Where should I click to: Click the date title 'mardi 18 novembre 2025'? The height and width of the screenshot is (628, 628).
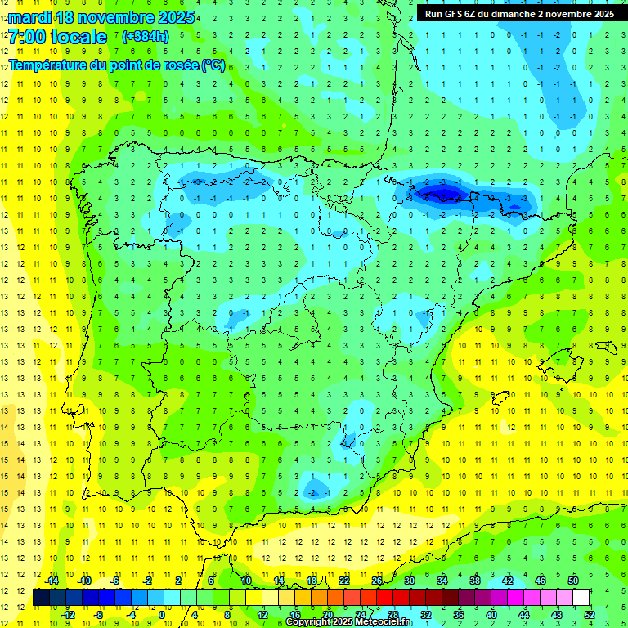pyautogui.click(x=102, y=17)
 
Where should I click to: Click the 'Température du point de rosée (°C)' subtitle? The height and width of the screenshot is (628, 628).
pyautogui.click(x=117, y=65)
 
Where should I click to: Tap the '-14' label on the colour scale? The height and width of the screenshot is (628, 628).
pyautogui.click(x=52, y=581)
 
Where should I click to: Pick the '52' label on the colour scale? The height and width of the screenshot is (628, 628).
pyautogui.click(x=590, y=615)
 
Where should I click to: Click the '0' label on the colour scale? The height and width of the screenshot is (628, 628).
pyautogui.click(x=161, y=615)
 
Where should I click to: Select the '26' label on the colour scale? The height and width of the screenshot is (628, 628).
pyautogui.click(x=377, y=581)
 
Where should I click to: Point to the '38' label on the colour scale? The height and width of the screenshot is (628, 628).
pyautogui.click(x=475, y=581)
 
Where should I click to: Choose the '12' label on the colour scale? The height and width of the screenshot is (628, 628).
pyautogui.click(x=262, y=615)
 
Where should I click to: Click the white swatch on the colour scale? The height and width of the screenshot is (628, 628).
pyautogui.click(x=581, y=598)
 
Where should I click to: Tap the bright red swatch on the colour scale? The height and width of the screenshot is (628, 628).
pyautogui.click(x=385, y=598)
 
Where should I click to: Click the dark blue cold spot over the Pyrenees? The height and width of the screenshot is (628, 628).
pyautogui.click(x=442, y=193)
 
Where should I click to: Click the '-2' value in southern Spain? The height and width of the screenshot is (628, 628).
pyautogui.click(x=312, y=492)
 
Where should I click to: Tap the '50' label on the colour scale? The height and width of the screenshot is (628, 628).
pyautogui.click(x=573, y=581)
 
